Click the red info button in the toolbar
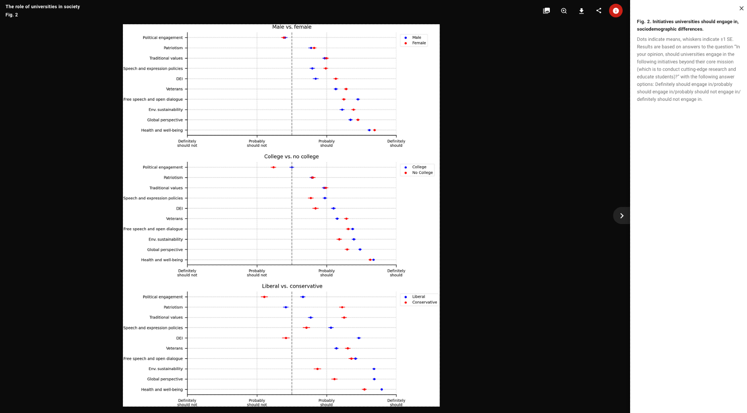point(616,11)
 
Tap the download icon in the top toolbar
point(581,11)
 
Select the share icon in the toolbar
point(599,11)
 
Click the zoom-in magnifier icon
point(564,11)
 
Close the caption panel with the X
point(741,8)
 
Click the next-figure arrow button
point(622,215)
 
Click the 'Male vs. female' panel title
point(292,27)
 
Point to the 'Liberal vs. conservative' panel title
point(292,286)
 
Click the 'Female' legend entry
point(419,43)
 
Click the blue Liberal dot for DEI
point(359,338)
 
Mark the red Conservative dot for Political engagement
point(264,297)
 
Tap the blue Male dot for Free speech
point(358,99)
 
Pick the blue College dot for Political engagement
point(292,167)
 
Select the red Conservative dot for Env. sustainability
point(317,369)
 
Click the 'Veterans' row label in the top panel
point(174,89)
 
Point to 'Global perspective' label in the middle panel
point(165,249)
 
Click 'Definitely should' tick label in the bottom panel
point(396,403)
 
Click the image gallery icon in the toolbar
point(546,11)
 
